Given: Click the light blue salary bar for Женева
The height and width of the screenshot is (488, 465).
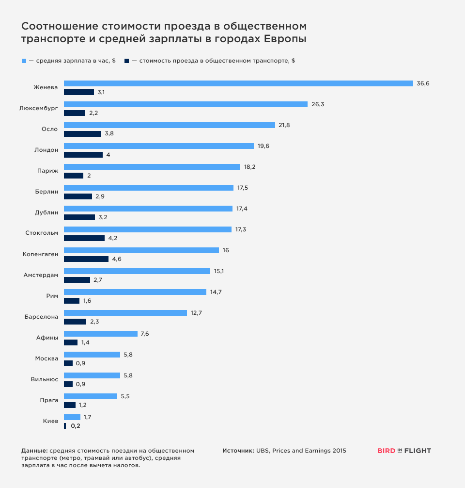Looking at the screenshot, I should pyautogui.click(x=238, y=83).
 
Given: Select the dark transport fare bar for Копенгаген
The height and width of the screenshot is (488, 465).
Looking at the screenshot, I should pyautogui.click(x=86, y=259).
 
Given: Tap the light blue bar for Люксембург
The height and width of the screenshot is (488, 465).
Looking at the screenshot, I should pyautogui.click(x=186, y=104).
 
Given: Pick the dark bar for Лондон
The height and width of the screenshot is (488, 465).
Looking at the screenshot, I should pyautogui.click(x=83, y=155).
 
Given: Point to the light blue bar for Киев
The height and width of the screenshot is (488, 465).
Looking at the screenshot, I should pyautogui.click(x=72, y=417).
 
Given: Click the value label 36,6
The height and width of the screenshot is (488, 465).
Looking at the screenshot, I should pyautogui.click(x=423, y=83).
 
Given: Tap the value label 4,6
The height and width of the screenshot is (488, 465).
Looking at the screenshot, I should pyautogui.click(x=117, y=259).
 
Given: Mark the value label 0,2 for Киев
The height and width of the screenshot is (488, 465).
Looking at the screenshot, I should pyautogui.click(x=76, y=426).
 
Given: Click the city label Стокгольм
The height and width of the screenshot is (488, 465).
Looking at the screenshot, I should pyautogui.click(x=42, y=233).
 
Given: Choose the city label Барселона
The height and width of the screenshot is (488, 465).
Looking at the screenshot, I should pyautogui.click(x=42, y=317).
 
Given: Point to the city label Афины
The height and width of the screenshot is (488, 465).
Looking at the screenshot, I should pyautogui.click(x=47, y=338).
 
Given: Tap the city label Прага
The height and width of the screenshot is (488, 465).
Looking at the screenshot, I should pyautogui.click(x=49, y=400).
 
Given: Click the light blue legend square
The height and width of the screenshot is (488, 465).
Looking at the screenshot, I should pyautogui.click(x=24, y=61).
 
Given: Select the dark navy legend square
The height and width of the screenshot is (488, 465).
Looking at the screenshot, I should pyautogui.click(x=127, y=61).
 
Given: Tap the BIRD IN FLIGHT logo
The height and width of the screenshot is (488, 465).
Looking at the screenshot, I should pyautogui.click(x=404, y=451).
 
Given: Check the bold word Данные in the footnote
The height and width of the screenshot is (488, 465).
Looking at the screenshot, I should pyautogui.click(x=34, y=451).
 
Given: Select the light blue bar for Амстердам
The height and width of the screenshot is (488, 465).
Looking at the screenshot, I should pyautogui.click(x=137, y=271).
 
